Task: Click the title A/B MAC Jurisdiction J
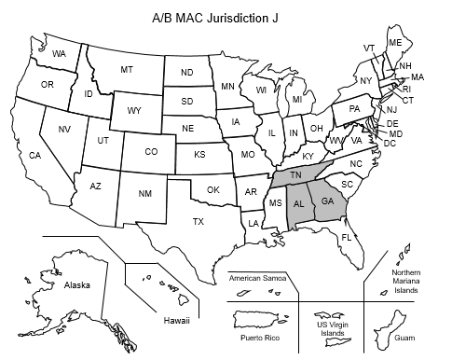click(x=226, y=18)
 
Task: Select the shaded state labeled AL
click(x=299, y=204)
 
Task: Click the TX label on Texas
click(x=198, y=222)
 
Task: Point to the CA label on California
click(x=34, y=155)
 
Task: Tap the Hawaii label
click(x=177, y=321)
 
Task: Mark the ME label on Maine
click(x=395, y=43)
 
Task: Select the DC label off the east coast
click(x=390, y=144)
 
